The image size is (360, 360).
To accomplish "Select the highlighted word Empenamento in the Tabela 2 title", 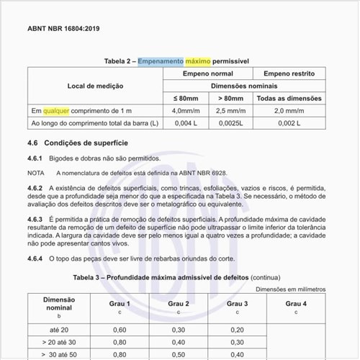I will tap(161, 61).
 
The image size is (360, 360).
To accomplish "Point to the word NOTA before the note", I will tap(36, 174).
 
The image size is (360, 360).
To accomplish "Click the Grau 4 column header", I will tap(296, 303).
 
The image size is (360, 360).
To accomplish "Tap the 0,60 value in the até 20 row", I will tap(120, 329).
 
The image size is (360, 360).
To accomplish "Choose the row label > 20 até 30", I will tap(59, 342).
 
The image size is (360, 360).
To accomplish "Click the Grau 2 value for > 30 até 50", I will tap(179, 355).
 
